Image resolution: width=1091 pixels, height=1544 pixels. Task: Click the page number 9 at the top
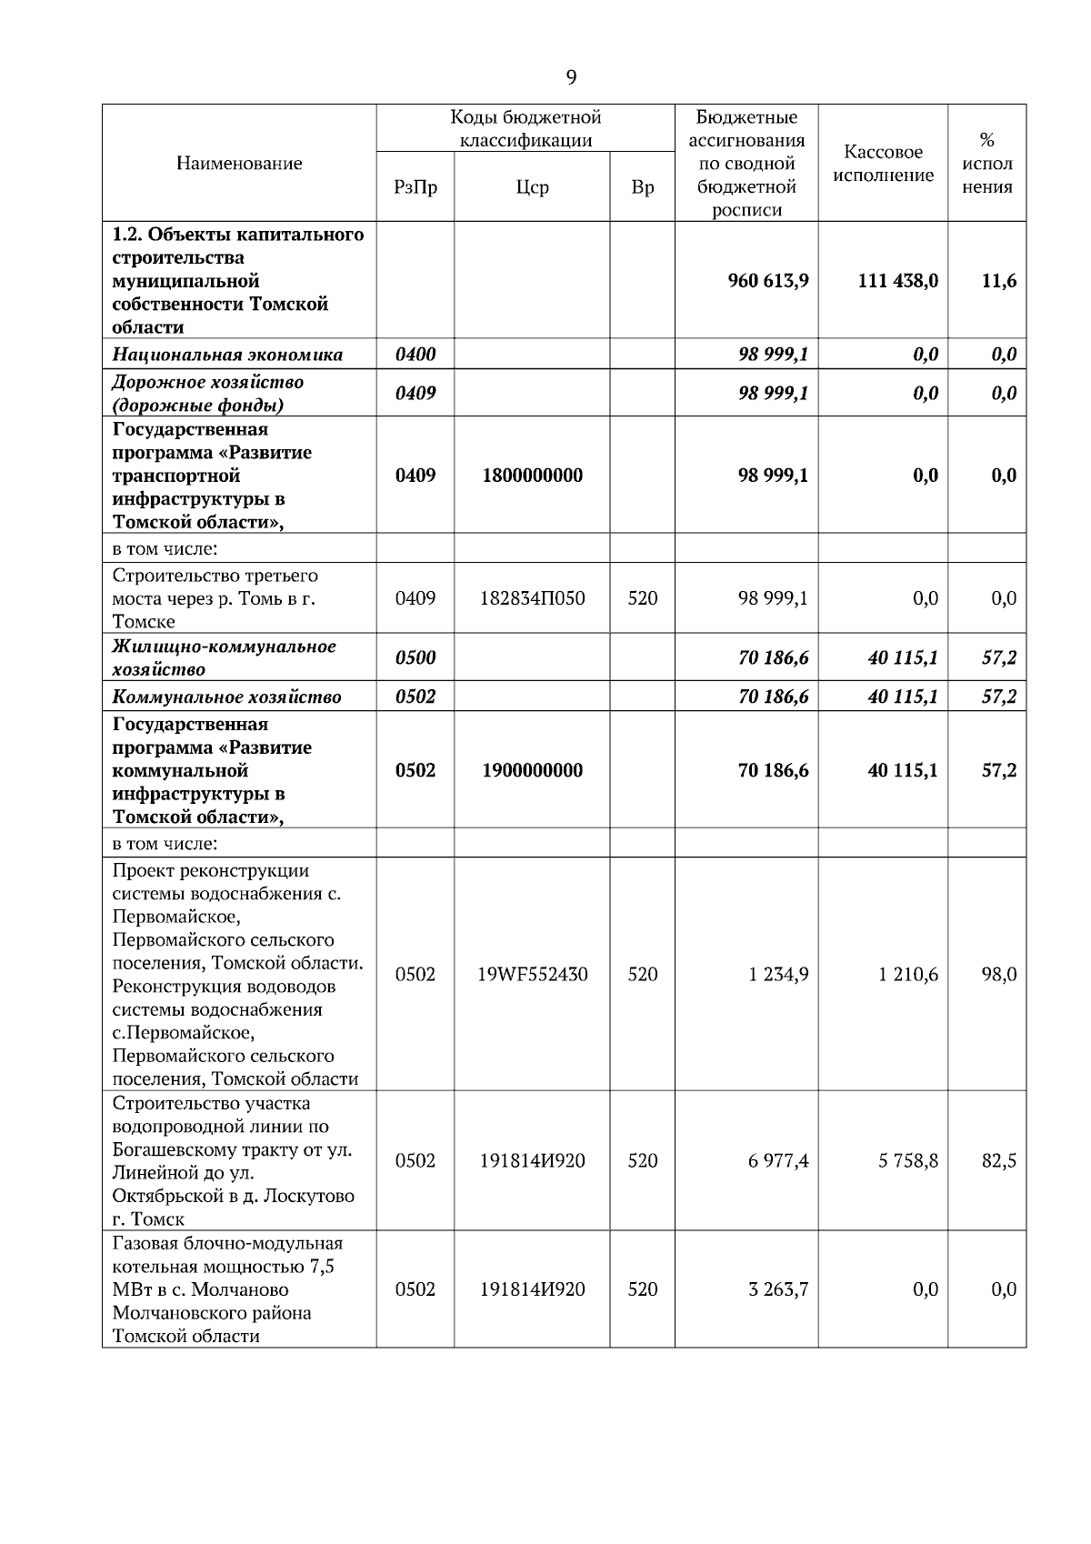click(x=571, y=77)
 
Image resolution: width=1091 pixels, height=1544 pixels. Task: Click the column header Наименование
click(x=239, y=164)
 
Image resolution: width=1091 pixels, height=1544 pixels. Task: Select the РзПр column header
click(x=415, y=187)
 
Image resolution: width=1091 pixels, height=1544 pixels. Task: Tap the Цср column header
click(x=532, y=187)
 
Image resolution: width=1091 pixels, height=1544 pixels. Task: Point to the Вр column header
click(x=642, y=187)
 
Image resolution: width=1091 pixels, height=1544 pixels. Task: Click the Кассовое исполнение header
click(x=883, y=164)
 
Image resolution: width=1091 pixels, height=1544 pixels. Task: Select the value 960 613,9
click(x=768, y=280)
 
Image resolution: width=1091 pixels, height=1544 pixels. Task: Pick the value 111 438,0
click(x=897, y=280)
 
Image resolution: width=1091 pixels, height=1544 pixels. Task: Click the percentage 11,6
click(x=998, y=280)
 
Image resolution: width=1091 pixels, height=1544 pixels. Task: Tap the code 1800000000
click(x=532, y=475)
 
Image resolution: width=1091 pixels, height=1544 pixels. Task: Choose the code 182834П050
click(x=532, y=597)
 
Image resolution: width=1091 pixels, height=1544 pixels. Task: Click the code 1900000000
click(x=532, y=770)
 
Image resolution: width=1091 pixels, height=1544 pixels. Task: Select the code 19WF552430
click(x=532, y=974)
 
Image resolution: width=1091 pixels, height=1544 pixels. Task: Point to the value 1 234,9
click(x=778, y=974)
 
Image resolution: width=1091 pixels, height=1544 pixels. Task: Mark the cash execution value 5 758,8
click(x=908, y=1160)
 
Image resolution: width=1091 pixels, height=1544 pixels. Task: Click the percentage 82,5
click(x=998, y=1160)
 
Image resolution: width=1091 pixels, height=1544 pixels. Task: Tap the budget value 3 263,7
click(x=778, y=1288)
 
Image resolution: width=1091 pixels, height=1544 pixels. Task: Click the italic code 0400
click(x=415, y=354)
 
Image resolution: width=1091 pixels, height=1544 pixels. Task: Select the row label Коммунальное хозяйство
click(x=227, y=697)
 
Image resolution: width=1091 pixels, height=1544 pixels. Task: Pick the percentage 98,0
click(x=998, y=974)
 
